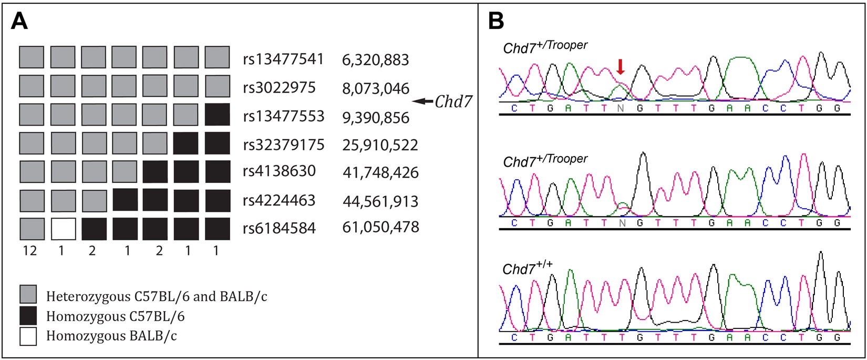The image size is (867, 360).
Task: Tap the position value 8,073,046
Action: (x=375, y=88)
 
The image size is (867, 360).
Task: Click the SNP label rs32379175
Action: (x=283, y=145)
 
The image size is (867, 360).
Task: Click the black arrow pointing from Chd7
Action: (x=422, y=102)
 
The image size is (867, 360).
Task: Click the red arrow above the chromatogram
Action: (x=621, y=67)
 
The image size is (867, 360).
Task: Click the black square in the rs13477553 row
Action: (x=218, y=115)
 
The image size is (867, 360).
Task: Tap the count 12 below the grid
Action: (x=30, y=251)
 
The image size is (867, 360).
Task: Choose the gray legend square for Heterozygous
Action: (x=28, y=295)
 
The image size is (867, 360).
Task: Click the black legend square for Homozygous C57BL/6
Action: (x=28, y=316)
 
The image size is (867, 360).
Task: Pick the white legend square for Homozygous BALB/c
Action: (x=28, y=336)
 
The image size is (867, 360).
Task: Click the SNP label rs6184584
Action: (x=279, y=228)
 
